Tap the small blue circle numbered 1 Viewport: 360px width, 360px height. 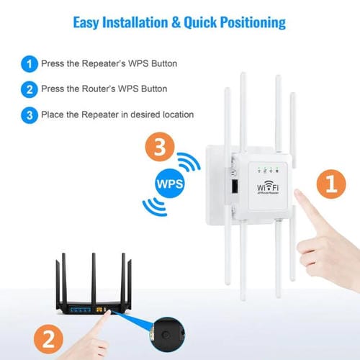coord(30,64)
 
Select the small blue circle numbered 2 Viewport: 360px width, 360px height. coord(30,89)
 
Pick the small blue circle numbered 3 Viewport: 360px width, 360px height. coord(30,114)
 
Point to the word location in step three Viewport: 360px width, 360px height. coord(175,114)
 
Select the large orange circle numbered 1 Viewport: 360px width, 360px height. coord(330,184)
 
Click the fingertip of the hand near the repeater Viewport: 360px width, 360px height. coord(300,215)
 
